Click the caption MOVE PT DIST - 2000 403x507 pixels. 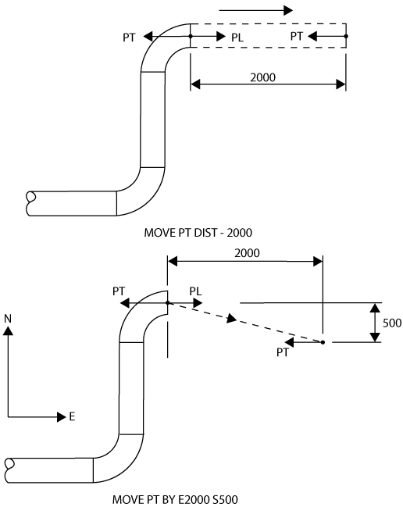(x=198, y=233)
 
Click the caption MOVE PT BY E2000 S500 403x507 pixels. (x=175, y=499)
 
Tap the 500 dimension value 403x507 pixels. (x=392, y=323)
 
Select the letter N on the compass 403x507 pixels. (x=8, y=319)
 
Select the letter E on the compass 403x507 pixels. (x=72, y=417)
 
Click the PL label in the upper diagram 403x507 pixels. (x=237, y=37)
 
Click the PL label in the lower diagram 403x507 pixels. (x=195, y=291)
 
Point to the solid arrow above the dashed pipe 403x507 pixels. (x=255, y=10)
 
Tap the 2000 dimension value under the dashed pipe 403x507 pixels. (x=262, y=77)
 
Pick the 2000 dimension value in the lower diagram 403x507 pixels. (x=247, y=253)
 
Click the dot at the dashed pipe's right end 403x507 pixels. (x=346, y=36)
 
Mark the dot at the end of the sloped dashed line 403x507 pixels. (x=323, y=342)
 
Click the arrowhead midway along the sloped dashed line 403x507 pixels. (x=232, y=319)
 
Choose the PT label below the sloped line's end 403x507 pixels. (x=283, y=352)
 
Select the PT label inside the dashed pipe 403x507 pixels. (x=296, y=36)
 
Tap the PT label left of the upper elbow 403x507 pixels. (x=129, y=37)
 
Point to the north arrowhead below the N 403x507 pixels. (x=8, y=330)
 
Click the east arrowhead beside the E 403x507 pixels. (x=62, y=417)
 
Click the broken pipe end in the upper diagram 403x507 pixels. (x=30, y=203)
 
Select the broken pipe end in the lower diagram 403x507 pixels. (x=9, y=470)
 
